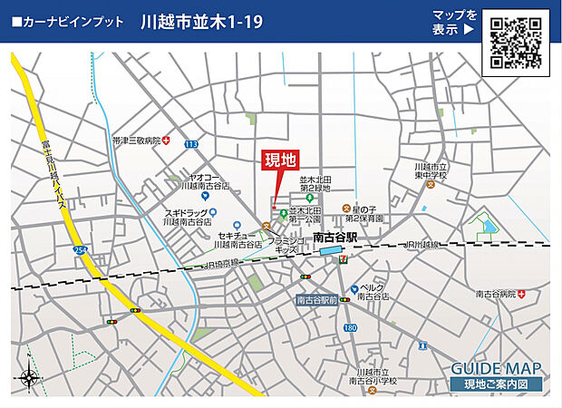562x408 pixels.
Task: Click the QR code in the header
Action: point(516,43)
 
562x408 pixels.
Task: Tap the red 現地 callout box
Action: point(280,160)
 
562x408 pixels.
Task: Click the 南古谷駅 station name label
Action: point(335,237)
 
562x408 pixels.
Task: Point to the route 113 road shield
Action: point(190,143)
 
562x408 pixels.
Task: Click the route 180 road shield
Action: point(350,326)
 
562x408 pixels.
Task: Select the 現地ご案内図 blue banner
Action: point(497,384)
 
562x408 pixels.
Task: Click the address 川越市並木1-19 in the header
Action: point(202,22)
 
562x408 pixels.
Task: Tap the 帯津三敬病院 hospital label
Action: point(136,141)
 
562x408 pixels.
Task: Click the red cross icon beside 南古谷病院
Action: point(524,294)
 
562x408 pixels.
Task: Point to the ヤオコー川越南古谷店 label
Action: point(204,182)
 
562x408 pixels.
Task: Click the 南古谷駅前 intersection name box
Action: point(316,299)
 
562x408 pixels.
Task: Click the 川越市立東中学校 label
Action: point(431,172)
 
